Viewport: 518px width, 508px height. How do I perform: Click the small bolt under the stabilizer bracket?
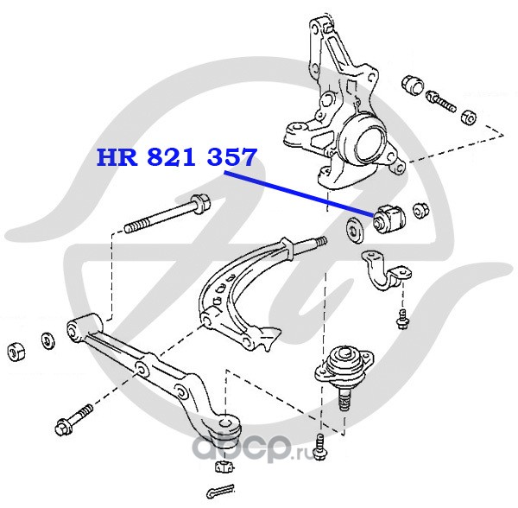click(x=400, y=317)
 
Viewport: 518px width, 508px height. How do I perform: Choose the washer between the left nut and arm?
click(x=45, y=341)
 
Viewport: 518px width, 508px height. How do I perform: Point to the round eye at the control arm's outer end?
click(x=227, y=423)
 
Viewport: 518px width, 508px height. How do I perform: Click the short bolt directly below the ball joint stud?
click(x=320, y=447)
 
